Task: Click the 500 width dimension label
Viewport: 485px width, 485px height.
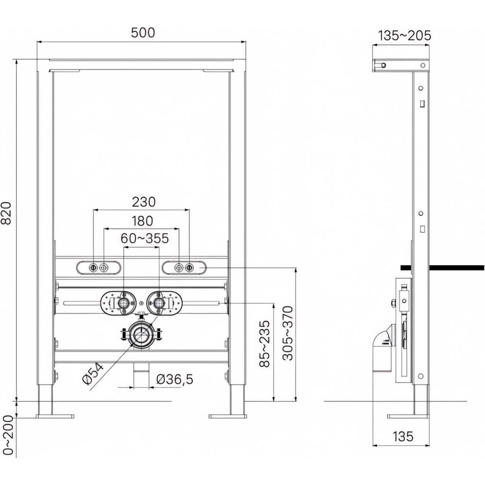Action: click(x=143, y=32)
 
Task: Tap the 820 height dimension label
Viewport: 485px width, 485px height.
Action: click(x=6, y=213)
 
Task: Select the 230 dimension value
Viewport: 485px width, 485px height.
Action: click(x=144, y=202)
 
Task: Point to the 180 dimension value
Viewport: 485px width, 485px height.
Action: click(x=142, y=221)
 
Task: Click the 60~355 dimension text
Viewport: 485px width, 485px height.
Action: click(x=145, y=239)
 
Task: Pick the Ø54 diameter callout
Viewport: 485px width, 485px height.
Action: click(x=93, y=374)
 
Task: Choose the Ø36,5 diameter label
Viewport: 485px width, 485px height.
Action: click(x=175, y=379)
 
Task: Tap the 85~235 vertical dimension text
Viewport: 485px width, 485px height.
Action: click(x=264, y=344)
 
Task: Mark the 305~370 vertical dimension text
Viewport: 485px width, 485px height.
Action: click(x=288, y=333)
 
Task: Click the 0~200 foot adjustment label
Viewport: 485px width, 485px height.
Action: click(x=8, y=435)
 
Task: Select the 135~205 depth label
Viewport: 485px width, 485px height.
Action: click(x=404, y=35)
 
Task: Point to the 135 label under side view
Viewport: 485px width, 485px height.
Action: click(x=403, y=436)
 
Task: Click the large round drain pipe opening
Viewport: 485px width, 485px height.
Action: click(x=142, y=334)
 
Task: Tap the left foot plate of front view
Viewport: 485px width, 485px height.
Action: click(x=55, y=416)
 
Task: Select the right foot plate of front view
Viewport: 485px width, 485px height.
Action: click(x=228, y=416)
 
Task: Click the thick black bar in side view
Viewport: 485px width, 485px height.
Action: click(x=442, y=268)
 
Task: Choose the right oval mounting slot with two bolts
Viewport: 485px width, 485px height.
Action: click(x=184, y=268)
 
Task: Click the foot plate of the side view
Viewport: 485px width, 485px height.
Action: click(x=408, y=416)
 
